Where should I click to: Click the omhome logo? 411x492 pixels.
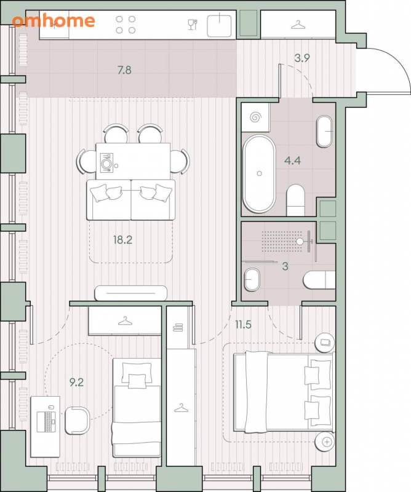(54, 21)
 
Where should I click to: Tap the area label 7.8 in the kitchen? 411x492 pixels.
(124, 70)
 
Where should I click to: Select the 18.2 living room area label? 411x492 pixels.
(123, 240)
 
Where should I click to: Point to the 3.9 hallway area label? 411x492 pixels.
(302, 58)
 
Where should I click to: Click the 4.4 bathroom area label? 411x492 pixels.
(292, 161)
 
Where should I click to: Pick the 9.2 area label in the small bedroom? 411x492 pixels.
(77, 383)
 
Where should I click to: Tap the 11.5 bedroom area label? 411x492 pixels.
(243, 325)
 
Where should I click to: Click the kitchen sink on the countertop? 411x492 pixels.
(219, 25)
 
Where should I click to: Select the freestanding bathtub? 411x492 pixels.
(259, 173)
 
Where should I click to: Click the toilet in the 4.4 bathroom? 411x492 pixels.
(296, 200)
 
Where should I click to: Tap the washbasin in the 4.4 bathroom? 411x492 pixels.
(324, 132)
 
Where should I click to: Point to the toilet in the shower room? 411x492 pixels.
(319, 280)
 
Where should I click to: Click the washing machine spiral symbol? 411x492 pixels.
(255, 117)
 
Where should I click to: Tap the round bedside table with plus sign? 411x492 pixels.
(325, 442)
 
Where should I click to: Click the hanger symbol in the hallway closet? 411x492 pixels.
(298, 25)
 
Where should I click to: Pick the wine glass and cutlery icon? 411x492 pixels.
(193, 25)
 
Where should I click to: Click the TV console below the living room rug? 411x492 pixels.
(130, 293)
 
